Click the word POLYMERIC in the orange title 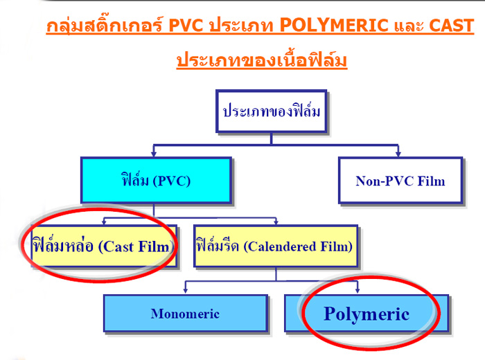coord(334,26)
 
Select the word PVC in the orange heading coord(186,26)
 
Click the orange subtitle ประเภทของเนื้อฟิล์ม coord(262,60)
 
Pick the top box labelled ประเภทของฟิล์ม coord(272,111)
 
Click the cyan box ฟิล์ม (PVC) coord(156,181)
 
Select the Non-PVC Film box coord(400,181)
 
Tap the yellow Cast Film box coord(104,246)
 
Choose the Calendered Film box coord(276,246)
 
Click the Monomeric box coord(186,314)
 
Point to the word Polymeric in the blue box coord(367,314)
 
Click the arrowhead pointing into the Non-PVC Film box coord(398,154)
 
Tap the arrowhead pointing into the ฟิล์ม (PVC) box coord(154,154)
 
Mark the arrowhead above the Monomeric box coord(185,290)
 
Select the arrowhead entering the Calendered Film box coord(276,222)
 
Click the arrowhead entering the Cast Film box coord(104,222)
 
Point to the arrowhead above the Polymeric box coord(358,290)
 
